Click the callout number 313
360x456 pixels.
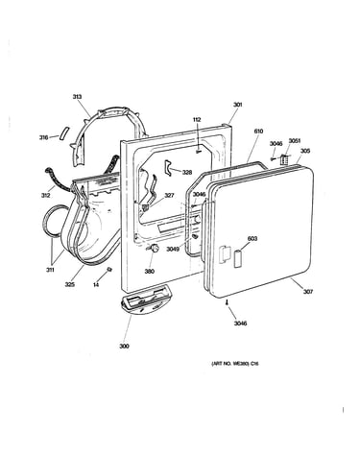point(77,97)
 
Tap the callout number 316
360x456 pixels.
point(43,137)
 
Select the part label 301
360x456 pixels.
point(237,105)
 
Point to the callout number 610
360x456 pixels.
point(258,132)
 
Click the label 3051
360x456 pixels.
point(295,141)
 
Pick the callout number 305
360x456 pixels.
point(305,151)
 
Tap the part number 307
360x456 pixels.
point(308,292)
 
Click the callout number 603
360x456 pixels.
point(252,239)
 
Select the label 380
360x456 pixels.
point(150,272)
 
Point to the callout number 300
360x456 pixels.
point(124,346)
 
